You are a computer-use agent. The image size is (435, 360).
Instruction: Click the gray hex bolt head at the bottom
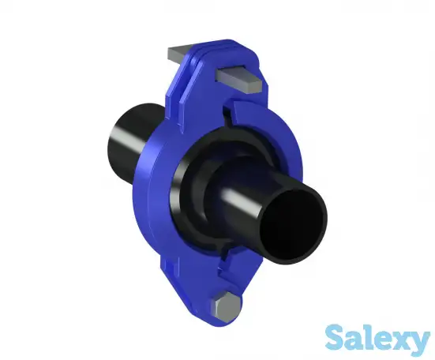[x=226, y=306]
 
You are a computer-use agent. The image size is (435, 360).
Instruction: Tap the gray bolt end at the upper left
[x=177, y=54]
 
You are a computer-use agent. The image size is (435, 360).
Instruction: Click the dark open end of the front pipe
[x=293, y=224]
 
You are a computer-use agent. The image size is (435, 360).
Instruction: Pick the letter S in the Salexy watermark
[x=336, y=338]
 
